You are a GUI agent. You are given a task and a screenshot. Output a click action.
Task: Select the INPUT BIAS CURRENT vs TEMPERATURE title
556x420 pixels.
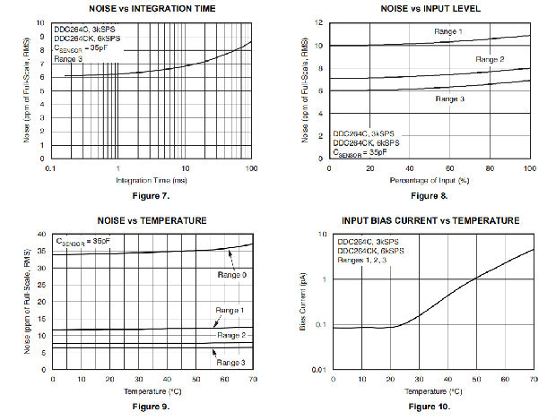pyautogui.click(x=430, y=220)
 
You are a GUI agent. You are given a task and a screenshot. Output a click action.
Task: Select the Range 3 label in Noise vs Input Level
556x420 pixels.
pyautogui.click(x=451, y=98)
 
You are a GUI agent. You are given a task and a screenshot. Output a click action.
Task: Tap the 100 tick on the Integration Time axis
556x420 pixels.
pyautogui.click(x=251, y=168)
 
